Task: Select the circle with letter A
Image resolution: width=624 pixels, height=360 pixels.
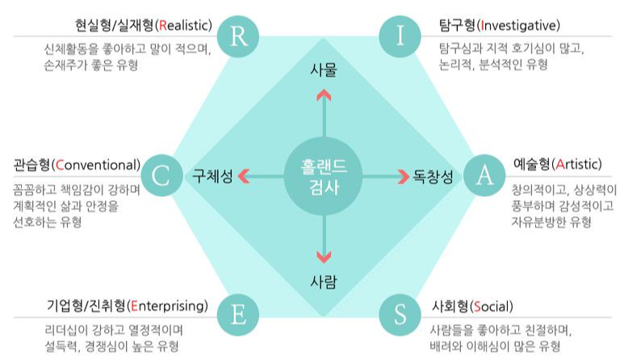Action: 484,176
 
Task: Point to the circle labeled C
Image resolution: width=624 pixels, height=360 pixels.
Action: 161,176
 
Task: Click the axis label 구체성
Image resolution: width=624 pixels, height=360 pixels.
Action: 212,176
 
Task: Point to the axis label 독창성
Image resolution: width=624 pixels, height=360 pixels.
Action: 433,176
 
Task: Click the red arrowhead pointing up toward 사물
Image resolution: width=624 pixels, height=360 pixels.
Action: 323,94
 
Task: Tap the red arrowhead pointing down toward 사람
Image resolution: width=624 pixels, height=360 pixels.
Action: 323,257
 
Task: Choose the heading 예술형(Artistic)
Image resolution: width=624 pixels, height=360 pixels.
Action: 557,164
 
